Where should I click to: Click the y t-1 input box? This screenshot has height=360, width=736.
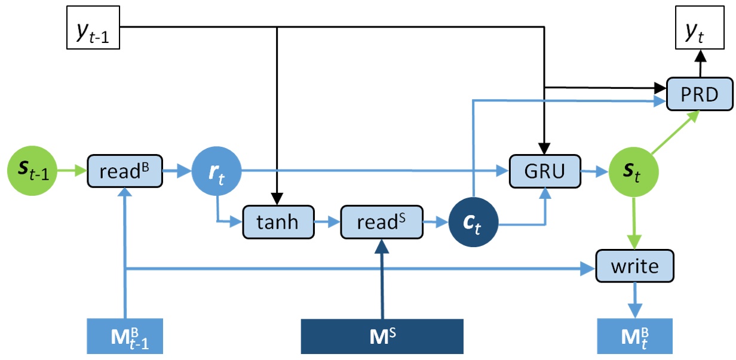pos(93,27)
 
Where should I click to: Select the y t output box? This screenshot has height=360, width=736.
pos(700,27)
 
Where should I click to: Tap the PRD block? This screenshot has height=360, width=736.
pos(700,94)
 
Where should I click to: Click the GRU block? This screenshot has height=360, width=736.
pos(545,171)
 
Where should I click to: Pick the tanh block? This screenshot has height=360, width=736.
pos(278,222)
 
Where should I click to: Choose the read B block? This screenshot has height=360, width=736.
pos(125,171)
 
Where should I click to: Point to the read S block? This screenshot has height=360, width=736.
pos(382,222)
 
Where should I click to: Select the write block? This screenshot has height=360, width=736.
pos(635,266)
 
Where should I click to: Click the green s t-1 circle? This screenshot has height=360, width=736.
pos(32,171)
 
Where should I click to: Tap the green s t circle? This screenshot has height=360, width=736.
pos(633,172)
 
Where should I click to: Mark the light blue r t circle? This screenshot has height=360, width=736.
pos(216,171)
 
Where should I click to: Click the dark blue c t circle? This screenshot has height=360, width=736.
pos(474,222)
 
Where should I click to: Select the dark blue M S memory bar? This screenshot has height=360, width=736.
pos(382,336)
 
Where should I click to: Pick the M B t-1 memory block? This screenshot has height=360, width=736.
pos(125,336)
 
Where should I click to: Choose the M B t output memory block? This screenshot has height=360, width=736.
pos(635,336)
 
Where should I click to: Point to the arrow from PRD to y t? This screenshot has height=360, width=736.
pos(701,63)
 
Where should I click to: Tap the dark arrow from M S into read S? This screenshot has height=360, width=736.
pos(382,279)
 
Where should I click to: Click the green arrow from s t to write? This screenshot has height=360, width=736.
pos(634,223)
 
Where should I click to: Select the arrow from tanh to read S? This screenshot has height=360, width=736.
pos(327,222)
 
